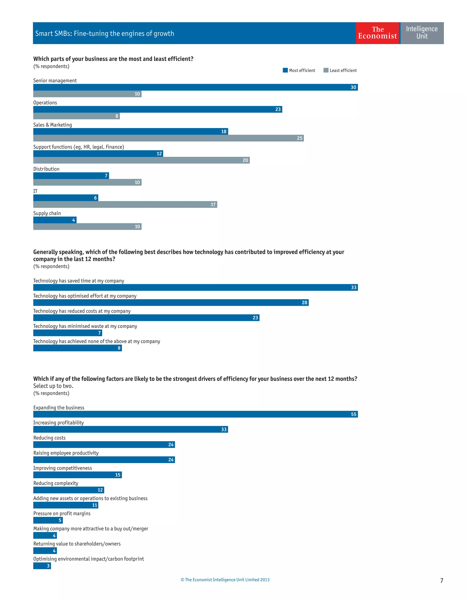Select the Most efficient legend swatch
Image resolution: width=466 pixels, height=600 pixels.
point(285,70)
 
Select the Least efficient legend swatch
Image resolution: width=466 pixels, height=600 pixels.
point(326,70)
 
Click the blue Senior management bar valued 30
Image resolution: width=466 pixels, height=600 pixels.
point(195,87)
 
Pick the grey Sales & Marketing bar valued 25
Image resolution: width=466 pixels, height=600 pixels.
point(168,138)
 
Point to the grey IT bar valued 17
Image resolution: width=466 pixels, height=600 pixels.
point(125,204)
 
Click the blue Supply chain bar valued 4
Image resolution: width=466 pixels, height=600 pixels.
point(55,220)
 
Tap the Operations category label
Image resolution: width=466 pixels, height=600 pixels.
point(45,103)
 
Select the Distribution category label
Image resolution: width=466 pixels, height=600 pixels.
point(46,169)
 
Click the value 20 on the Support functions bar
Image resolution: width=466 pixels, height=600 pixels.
point(245,160)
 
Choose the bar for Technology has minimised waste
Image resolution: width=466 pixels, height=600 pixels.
point(68,333)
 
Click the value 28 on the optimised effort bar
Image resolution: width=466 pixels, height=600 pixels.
point(304,303)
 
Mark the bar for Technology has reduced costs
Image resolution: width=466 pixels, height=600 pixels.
point(146,318)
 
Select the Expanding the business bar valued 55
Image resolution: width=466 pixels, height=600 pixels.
point(195,414)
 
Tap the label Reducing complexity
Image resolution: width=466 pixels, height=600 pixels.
point(56,483)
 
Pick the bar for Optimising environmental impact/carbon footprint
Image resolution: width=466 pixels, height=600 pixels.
point(42,566)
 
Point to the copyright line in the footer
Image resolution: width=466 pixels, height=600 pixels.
point(225,580)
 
